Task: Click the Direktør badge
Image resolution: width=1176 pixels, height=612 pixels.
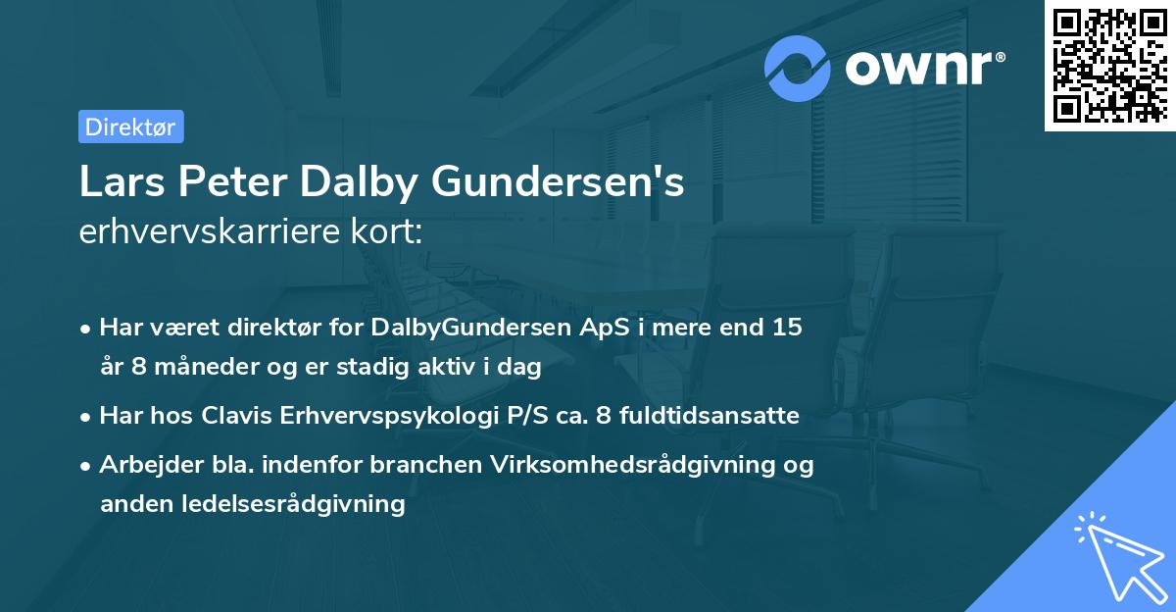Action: point(130,127)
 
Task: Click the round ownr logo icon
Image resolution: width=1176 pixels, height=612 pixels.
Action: point(798,68)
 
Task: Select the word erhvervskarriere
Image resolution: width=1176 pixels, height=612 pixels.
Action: point(207,231)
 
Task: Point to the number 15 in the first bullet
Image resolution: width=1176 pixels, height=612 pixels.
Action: point(786,328)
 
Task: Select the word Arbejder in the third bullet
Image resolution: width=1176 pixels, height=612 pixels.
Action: point(145,464)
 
